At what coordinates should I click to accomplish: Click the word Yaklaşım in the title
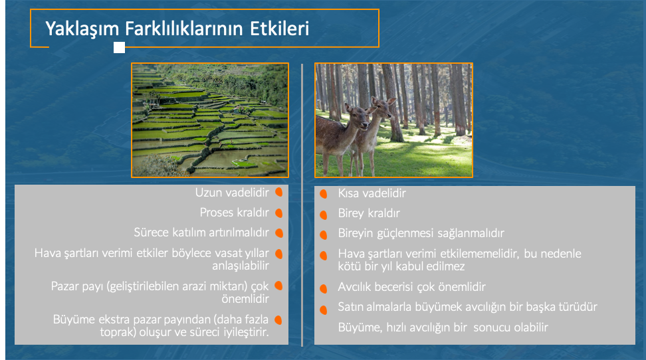pyautogui.click(x=82, y=29)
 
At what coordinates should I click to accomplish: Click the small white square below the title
pyautogui.click(x=119, y=48)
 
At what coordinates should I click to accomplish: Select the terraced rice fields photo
pyautogui.click(x=210, y=120)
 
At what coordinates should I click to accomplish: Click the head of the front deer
pyautogui.click(x=358, y=117)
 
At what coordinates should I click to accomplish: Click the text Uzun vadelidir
pyautogui.click(x=232, y=193)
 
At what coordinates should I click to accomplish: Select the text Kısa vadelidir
pyautogui.click(x=372, y=193)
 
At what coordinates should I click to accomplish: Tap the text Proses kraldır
pyautogui.click(x=234, y=213)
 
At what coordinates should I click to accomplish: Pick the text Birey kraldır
pyautogui.click(x=369, y=213)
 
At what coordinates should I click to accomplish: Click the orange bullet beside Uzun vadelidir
pyautogui.click(x=279, y=193)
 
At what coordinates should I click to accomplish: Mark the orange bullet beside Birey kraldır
pyautogui.click(x=324, y=215)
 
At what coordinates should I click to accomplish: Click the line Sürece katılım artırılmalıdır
pyautogui.click(x=201, y=232)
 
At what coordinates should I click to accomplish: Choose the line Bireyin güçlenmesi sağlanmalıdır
pyautogui.click(x=421, y=233)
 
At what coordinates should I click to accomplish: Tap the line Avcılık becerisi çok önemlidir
pyautogui.click(x=411, y=287)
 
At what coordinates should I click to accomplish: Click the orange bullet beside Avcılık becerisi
pyautogui.click(x=324, y=288)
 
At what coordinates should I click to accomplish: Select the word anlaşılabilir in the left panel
pyautogui.click(x=241, y=266)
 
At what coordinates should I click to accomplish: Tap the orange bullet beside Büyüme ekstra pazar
pyautogui.click(x=278, y=320)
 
